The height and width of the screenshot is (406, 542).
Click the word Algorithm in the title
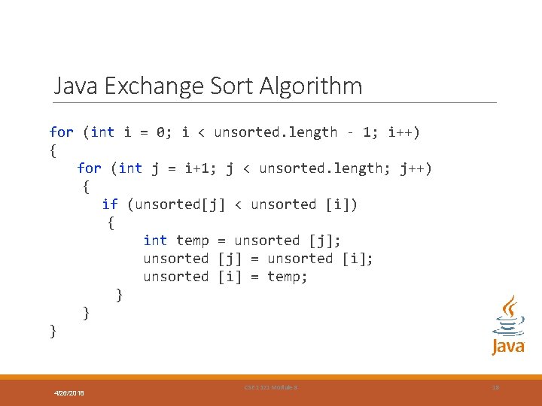click(310, 86)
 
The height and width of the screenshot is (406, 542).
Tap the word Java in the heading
click(77, 86)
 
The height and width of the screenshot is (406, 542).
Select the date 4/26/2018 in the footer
click(69, 393)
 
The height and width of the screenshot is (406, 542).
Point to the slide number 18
click(495, 387)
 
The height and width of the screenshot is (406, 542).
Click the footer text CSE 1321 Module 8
click(271, 387)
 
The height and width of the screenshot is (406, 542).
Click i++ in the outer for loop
click(403, 132)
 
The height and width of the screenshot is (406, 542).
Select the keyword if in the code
click(110, 205)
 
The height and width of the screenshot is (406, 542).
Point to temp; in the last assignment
click(288, 277)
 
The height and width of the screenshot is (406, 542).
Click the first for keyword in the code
click(62, 132)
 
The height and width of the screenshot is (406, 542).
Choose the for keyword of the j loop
click(89, 168)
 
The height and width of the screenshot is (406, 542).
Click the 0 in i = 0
click(161, 132)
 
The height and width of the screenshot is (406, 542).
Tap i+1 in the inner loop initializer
click(197, 168)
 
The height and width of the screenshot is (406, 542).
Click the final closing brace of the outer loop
click(53, 330)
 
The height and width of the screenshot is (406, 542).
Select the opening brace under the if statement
click(111, 223)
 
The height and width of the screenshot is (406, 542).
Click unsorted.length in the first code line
click(276, 132)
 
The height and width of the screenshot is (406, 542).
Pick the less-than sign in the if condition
click(238, 205)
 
